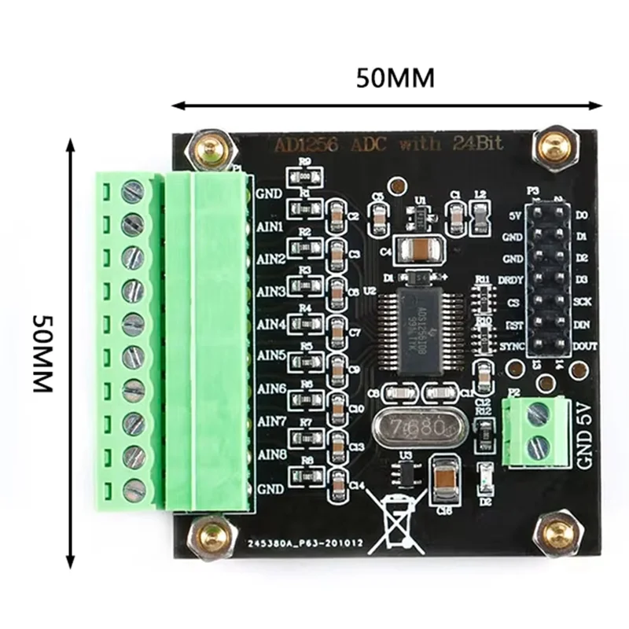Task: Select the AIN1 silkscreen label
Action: point(270,224)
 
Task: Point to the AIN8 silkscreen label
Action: point(270,454)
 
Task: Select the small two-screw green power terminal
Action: point(538,431)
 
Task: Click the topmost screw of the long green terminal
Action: point(132,190)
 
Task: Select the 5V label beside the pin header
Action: point(516,215)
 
